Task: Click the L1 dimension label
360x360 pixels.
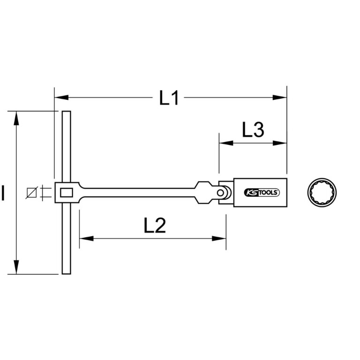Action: [x=169, y=98]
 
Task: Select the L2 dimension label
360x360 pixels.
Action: [x=155, y=225]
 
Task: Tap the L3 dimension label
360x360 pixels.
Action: [x=253, y=130]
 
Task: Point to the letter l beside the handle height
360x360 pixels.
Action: [x=3, y=193]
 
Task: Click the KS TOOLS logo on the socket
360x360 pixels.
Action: [x=262, y=192]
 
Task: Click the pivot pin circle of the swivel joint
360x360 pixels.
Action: [x=220, y=193]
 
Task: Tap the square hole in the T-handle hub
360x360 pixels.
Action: [x=67, y=192]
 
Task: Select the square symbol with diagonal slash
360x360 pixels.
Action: [x=32, y=193]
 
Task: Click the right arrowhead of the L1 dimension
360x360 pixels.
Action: [x=280, y=97]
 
